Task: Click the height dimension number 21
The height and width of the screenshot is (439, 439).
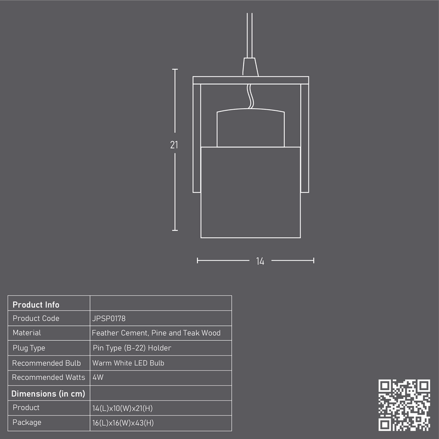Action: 174,145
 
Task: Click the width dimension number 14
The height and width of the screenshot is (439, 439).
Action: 260,261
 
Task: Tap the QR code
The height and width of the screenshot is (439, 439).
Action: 404,405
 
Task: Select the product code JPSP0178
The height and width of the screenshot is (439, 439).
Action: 109,318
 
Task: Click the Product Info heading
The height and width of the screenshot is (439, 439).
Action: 36,305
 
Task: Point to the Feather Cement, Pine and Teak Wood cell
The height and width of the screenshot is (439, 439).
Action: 156,333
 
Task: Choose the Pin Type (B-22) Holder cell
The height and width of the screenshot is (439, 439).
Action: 132,348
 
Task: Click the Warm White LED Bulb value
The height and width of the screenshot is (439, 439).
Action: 128,363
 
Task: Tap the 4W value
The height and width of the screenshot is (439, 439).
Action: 98,377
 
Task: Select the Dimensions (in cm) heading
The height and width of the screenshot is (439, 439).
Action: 48,393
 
